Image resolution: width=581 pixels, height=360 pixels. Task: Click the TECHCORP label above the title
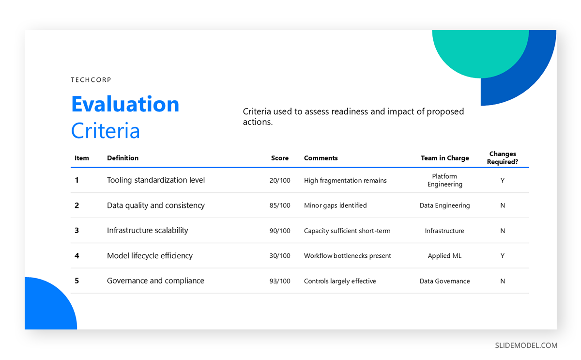(91, 80)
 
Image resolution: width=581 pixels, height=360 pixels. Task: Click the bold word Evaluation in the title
(125, 104)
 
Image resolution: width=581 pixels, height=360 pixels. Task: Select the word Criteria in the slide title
(105, 131)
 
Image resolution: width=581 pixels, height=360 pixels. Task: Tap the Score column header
(279, 158)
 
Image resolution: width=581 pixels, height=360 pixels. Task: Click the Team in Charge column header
(444, 158)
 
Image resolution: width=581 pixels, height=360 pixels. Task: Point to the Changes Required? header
(502, 158)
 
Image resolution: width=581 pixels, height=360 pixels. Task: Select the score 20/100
(280, 180)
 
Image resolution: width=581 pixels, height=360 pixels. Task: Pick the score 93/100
(280, 281)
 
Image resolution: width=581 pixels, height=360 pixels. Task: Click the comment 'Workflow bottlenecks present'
(347, 256)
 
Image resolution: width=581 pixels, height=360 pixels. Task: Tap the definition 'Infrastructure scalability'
(147, 231)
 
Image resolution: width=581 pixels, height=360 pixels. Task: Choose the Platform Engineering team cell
(444, 180)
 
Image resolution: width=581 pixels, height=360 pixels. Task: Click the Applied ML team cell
(444, 256)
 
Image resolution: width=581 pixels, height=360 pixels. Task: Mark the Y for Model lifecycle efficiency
(503, 256)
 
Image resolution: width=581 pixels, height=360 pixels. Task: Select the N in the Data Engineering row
(503, 205)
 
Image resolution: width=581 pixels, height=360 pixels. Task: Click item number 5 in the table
(76, 281)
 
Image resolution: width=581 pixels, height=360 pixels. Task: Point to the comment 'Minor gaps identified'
(335, 205)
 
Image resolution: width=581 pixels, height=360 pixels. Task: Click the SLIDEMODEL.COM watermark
(526, 345)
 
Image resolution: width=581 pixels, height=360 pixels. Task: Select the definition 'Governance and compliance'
(155, 281)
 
